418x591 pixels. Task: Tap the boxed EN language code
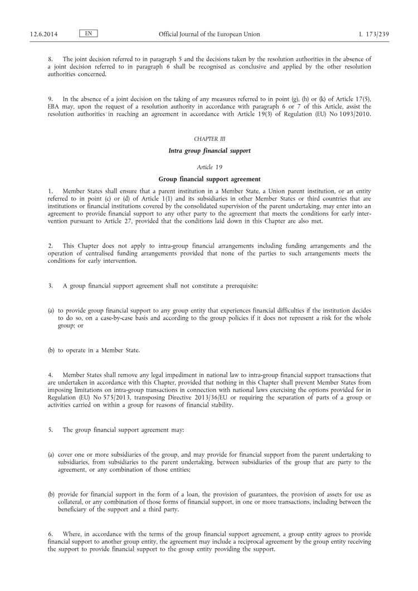click(89, 34)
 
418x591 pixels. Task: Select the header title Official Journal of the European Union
click(209, 35)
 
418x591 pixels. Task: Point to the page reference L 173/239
click(373, 35)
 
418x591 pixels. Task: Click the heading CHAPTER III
click(209, 138)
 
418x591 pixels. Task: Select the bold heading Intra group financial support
click(209, 151)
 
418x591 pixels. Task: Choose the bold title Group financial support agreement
click(209, 179)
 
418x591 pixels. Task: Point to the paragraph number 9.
click(50, 99)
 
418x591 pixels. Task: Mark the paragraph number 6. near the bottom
click(50, 534)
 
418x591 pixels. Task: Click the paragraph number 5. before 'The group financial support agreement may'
click(50, 430)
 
